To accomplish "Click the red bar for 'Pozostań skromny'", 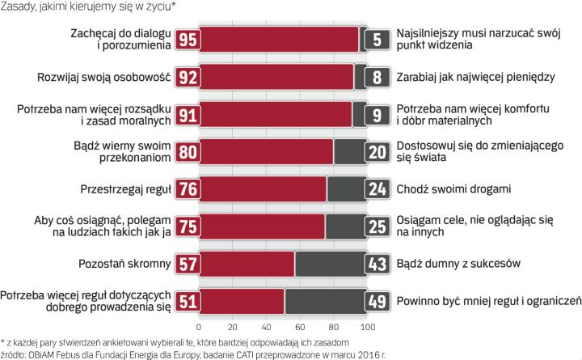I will click(247, 264).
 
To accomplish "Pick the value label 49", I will click(377, 302).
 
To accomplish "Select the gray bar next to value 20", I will click(349, 152).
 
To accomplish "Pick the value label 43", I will click(377, 264).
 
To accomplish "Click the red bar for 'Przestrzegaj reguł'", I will click(263, 189).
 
